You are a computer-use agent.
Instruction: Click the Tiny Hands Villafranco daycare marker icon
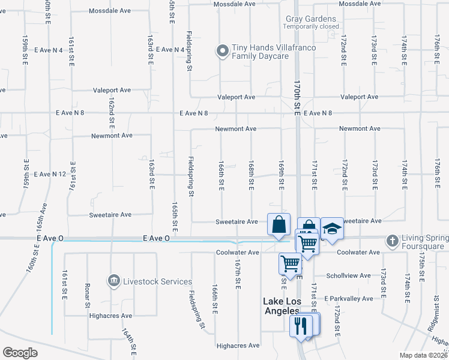(223, 50)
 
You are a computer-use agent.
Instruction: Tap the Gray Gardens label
(311, 19)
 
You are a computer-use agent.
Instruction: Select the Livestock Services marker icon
(113, 280)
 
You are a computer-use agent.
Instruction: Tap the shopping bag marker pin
(279, 225)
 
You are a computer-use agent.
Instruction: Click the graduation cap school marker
(331, 227)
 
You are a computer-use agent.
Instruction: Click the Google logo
(20, 352)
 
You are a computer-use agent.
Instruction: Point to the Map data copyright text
(423, 355)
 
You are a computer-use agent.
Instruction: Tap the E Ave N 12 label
(50, 174)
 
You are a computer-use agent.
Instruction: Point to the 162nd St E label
(112, 112)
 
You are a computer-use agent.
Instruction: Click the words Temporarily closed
(312, 26)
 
